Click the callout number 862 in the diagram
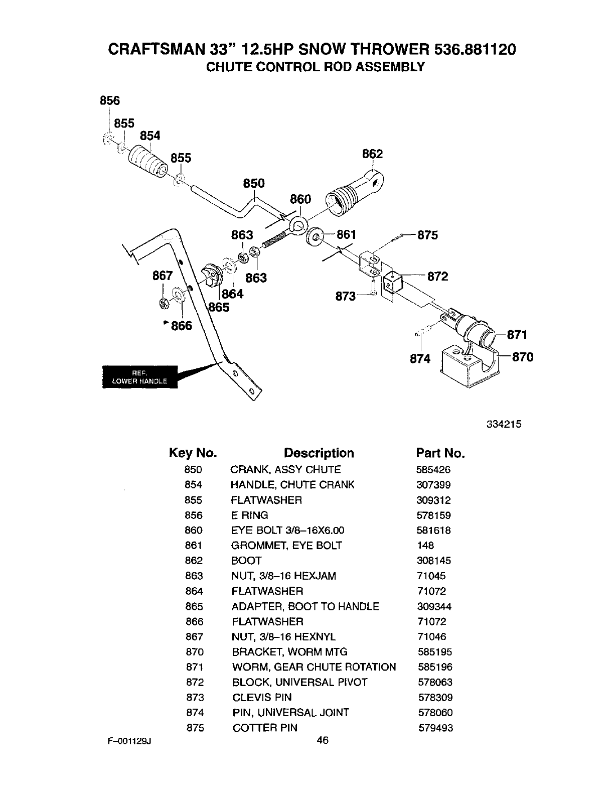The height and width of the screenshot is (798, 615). pos(372,154)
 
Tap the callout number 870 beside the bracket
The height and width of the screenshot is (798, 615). pos(522,357)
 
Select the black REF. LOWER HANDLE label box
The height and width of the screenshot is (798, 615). pos(140,377)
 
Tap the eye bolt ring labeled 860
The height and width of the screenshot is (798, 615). pos(298,224)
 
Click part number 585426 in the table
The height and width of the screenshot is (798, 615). pos(433,470)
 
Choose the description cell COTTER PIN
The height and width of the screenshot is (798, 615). pos(264,728)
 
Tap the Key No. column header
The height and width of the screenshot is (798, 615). pos(193,453)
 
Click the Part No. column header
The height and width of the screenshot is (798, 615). pos(440,453)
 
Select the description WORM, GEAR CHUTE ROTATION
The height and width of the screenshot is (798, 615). pos(314,667)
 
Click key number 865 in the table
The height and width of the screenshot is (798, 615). pos(194,606)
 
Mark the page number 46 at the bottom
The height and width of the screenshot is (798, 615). pos(323,740)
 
